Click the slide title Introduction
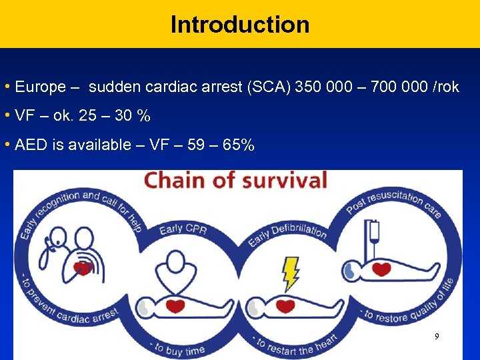pyautogui.click(x=240, y=25)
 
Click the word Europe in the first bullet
pyautogui.click(x=40, y=87)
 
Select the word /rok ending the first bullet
pyautogui.click(x=443, y=87)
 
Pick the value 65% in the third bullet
pyautogui.click(x=237, y=145)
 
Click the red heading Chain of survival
pyautogui.click(x=237, y=181)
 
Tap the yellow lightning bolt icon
pyautogui.click(x=291, y=272)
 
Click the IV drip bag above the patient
pyautogui.click(x=374, y=231)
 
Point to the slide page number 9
pyautogui.click(x=437, y=337)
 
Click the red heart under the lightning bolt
pyautogui.click(x=285, y=307)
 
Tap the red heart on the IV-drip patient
pyautogui.click(x=381, y=270)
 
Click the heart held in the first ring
pyautogui.click(x=83, y=268)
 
